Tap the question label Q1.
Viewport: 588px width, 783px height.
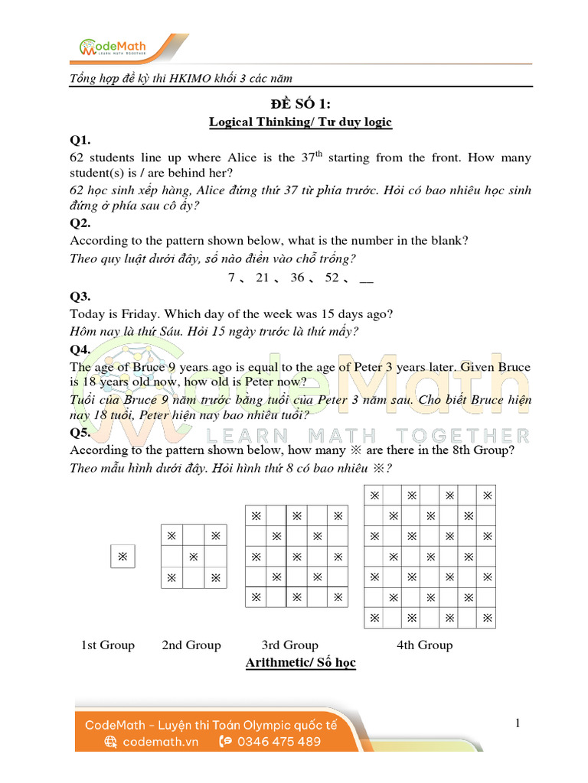click(x=80, y=140)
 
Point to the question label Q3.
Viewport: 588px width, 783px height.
click(x=80, y=296)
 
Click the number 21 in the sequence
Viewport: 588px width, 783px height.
click(x=262, y=278)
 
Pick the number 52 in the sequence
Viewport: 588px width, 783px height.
click(x=332, y=278)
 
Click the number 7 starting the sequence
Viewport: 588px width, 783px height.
click(x=231, y=278)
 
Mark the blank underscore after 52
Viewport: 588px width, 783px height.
click(x=366, y=279)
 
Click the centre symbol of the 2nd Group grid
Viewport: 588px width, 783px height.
click(x=193, y=556)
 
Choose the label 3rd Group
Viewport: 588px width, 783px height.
click(x=289, y=645)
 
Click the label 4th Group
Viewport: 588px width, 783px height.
click(x=424, y=645)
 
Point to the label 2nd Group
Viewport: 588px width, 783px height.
click(x=191, y=645)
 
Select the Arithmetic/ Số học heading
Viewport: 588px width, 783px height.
click(x=300, y=662)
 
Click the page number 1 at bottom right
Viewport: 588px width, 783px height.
click(x=518, y=723)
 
